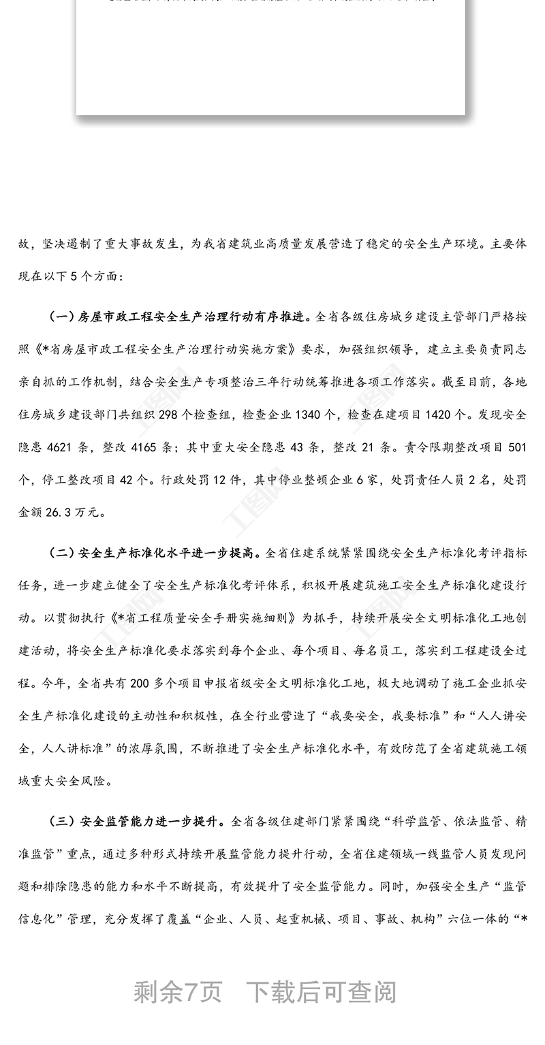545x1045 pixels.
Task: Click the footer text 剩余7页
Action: [178, 992]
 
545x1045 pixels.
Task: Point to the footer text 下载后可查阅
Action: [321, 992]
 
